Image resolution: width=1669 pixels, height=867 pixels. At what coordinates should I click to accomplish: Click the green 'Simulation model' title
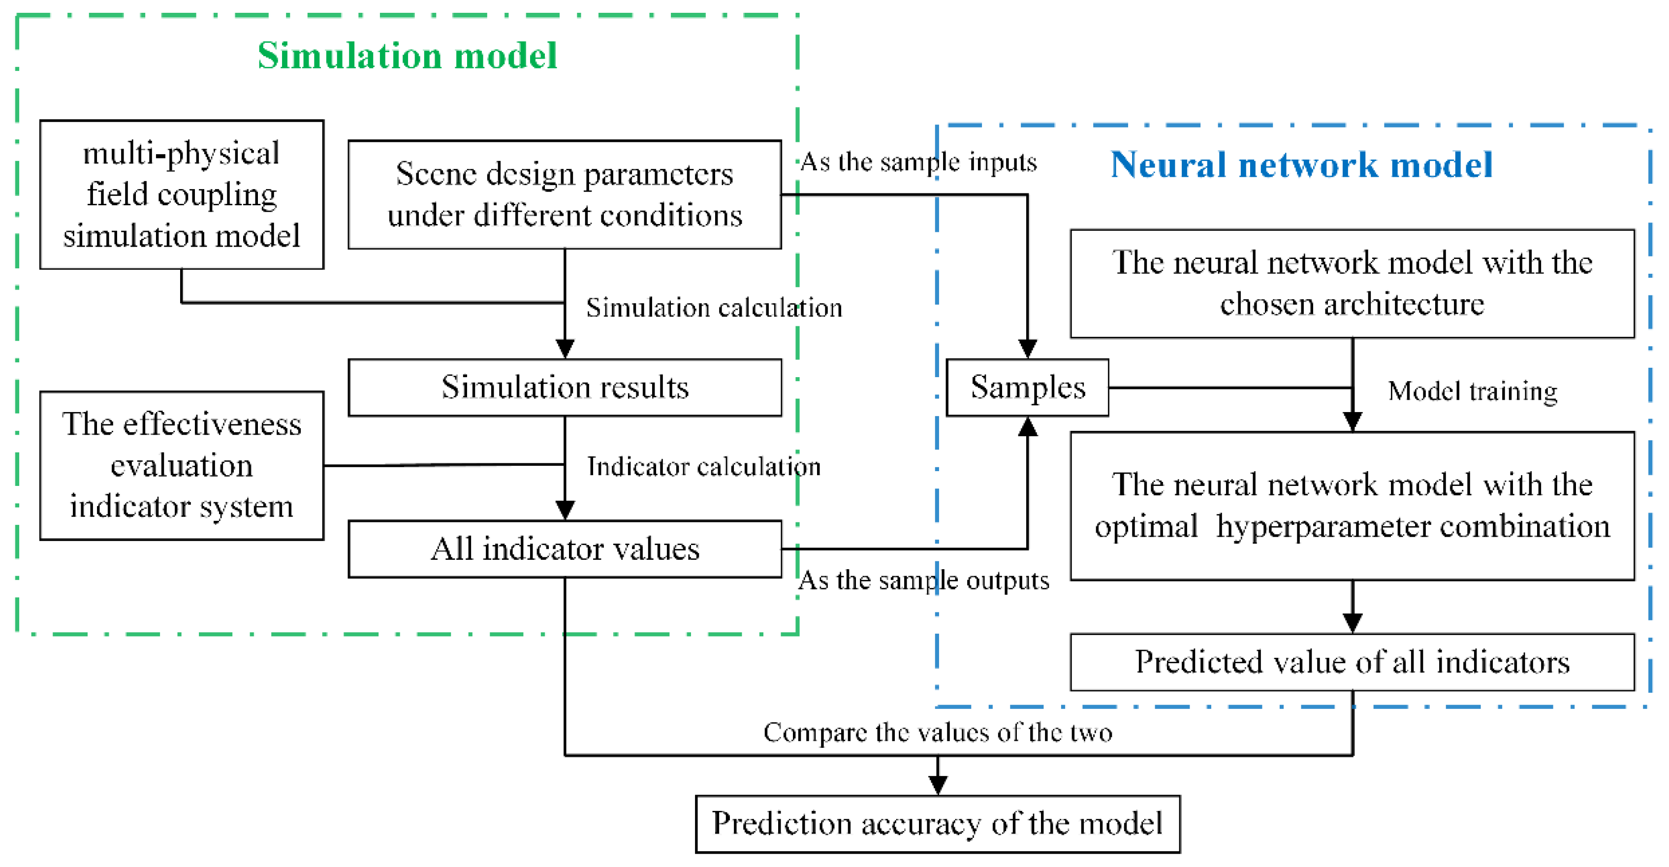(x=407, y=56)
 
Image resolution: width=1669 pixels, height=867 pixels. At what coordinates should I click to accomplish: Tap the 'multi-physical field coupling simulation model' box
(x=182, y=194)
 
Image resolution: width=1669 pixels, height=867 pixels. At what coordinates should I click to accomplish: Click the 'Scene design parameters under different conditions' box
(x=565, y=194)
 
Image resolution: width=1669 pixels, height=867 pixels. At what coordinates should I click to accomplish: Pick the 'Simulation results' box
(x=565, y=387)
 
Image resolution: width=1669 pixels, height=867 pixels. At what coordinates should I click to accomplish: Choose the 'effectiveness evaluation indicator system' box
(x=182, y=465)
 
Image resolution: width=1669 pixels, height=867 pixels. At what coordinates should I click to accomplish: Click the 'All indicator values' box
(x=565, y=549)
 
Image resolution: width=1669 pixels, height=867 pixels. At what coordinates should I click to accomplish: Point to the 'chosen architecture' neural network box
(x=1352, y=283)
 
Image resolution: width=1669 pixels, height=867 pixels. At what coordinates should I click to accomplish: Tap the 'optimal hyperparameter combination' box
(x=1352, y=506)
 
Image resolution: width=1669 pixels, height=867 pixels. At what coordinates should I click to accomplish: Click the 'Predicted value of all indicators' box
(x=1352, y=662)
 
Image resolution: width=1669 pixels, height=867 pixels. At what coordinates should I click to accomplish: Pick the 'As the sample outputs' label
(x=923, y=580)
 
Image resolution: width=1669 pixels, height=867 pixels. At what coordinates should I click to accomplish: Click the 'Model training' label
(x=1472, y=391)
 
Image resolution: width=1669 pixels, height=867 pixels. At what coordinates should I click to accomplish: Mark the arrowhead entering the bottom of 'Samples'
(x=1028, y=427)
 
